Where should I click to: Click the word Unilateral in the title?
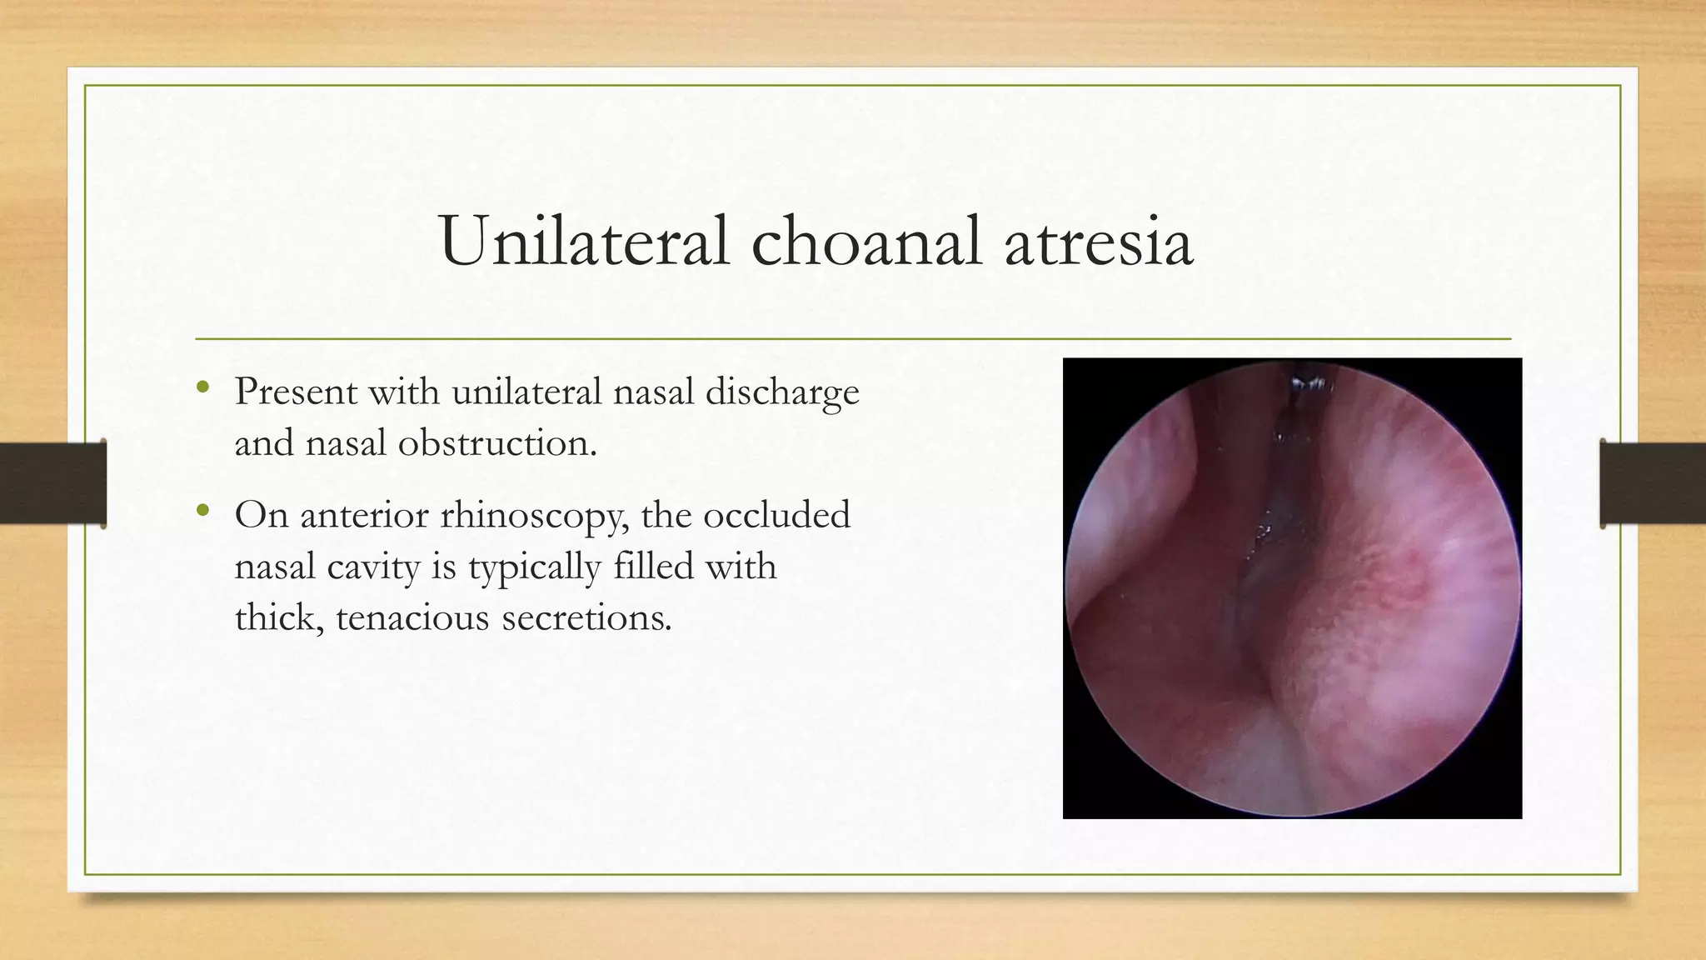[x=584, y=242]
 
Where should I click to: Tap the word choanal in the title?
[x=866, y=242]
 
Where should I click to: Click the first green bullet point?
[x=202, y=387]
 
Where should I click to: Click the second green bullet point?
[x=202, y=511]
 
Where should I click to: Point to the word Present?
[x=295, y=392]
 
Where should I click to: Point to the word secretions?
[x=586, y=618]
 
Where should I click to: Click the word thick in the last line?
[x=277, y=618]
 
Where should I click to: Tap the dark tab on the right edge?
[x=1653, y=483]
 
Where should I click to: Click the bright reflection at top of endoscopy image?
[x=1308, y=383]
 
